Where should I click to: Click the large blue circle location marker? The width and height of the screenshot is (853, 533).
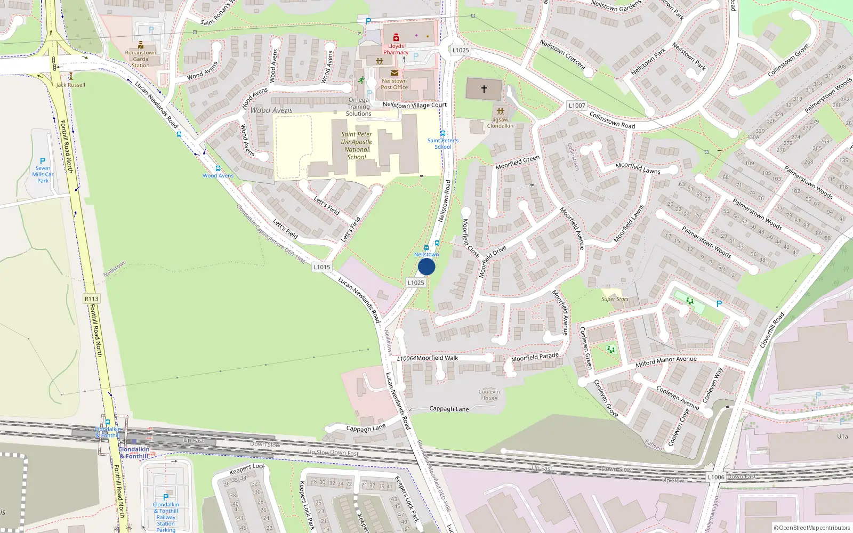tap(426, 267)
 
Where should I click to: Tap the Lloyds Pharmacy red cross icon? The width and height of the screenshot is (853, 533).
tap(396, 38)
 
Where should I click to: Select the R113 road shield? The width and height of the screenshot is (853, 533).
tap(92, 299)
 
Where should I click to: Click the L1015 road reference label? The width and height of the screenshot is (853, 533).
tap(322, 267)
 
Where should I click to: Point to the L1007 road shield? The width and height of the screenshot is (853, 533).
tap(577, 106)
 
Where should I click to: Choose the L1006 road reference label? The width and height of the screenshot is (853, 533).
tap(715, 477)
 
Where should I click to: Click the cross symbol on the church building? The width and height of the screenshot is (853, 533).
tap(484, 89)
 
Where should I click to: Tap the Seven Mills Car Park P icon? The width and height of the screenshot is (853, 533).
tap(43, 160)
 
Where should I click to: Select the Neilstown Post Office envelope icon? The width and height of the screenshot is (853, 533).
tap(394, 73)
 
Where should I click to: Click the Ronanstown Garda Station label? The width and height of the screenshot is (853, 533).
tap(141, 59)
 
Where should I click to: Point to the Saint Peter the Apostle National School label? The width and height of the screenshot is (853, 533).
tap(357, 146)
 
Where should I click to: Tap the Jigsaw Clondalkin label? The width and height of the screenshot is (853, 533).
tap(500, 123)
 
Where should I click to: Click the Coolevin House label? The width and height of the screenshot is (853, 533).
tap(489, 395)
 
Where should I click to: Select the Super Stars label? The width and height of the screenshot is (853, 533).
tap(615, 299)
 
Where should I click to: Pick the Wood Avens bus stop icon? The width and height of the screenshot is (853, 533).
tap(218, 168)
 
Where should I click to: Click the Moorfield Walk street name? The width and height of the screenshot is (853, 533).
tap(437, 358)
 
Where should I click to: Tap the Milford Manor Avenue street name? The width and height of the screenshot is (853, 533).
tap(666, 362)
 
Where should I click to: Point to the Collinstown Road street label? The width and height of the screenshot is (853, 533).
tap(612, 120)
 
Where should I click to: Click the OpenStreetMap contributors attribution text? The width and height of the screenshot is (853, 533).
tap(811, 528)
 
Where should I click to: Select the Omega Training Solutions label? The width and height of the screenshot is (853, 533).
tap(358, 107)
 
